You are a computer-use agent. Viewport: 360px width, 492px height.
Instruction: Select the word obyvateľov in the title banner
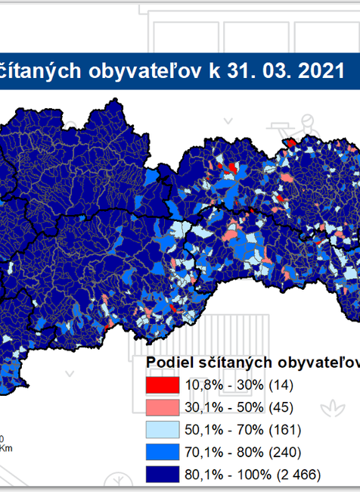point(152,70)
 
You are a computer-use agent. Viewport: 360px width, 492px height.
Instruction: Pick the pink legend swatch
point(162,407)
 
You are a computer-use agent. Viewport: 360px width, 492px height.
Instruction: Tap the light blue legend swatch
point(162,430)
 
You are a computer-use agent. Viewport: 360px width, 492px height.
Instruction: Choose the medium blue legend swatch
point(162,453)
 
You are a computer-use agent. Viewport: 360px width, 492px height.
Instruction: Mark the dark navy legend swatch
point(162,475)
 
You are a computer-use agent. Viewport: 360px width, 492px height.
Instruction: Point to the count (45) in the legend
point(281,407)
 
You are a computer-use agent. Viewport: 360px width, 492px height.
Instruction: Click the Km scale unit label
point(6,448)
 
